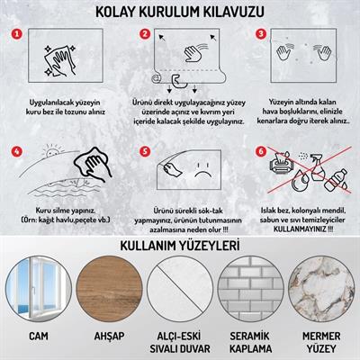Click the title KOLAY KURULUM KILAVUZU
click(180, 12)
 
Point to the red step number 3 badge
click(262, 35)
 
